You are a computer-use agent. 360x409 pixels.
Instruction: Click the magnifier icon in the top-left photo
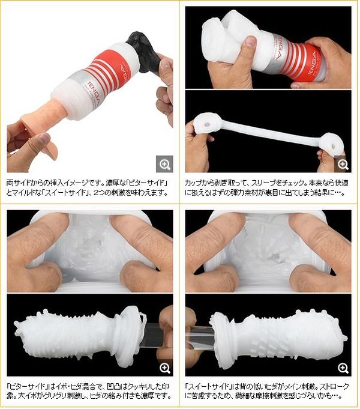click(164, 164)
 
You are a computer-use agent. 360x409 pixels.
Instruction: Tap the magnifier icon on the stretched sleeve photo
click(343, 164)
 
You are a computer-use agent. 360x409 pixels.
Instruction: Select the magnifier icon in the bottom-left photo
click(165, 368)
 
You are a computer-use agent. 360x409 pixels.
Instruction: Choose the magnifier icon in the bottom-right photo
click(343, 368)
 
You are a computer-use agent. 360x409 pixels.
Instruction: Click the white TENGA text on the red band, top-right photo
click(311, 63)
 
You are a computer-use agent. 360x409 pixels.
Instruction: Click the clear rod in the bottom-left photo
click(152, 336)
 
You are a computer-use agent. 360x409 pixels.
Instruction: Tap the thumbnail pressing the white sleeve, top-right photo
click(251, 41)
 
